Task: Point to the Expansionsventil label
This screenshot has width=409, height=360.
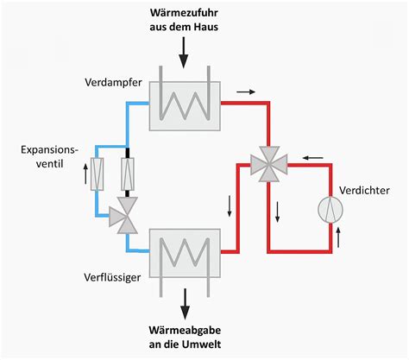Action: [49, 157]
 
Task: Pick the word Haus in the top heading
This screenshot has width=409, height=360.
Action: [206, 28]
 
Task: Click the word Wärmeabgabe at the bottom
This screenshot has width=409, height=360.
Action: [183, 327]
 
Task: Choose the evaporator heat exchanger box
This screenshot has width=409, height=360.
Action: [183, 103]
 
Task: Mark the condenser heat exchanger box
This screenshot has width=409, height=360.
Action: [183, 252]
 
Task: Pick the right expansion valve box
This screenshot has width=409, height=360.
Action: [129, 174]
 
